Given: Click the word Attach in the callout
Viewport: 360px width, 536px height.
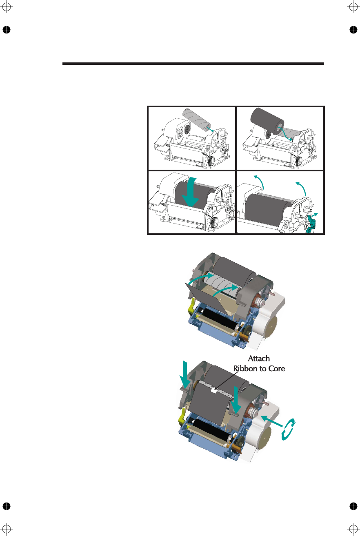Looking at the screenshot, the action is point(259,359).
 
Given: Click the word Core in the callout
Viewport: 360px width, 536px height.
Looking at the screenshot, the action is point(275,368).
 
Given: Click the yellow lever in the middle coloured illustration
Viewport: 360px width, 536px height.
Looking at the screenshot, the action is point(191,305).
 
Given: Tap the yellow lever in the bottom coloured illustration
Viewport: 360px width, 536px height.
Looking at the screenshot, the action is point(182,416).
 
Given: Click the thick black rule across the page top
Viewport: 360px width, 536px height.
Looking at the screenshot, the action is point(193,64).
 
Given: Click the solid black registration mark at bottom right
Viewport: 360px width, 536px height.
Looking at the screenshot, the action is point(353,506).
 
